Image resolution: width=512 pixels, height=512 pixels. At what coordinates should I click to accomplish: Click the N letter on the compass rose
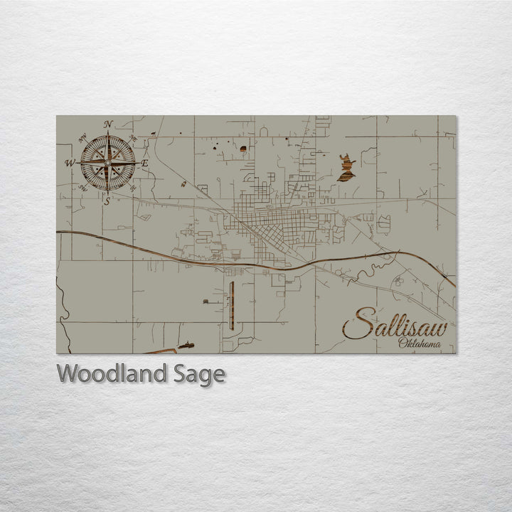[x=108, y=124]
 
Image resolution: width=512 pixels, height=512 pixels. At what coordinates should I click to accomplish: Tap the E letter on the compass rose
[x=144, y=163]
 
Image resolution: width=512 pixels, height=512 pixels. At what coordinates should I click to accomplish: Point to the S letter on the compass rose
[x=107, y=201]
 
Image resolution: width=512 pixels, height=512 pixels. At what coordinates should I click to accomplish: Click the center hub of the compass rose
[x=107, y=163]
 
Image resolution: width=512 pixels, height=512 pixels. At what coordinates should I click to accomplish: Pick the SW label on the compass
[x=84, y=188]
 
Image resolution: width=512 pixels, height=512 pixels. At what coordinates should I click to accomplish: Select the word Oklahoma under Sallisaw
[x=419, y=345]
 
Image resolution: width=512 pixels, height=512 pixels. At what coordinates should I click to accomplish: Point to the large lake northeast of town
[x=346, y=169]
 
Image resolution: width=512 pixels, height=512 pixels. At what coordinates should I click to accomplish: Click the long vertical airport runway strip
[x=233, y=305]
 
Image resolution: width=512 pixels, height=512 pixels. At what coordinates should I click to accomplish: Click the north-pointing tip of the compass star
[x=108, y=132]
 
